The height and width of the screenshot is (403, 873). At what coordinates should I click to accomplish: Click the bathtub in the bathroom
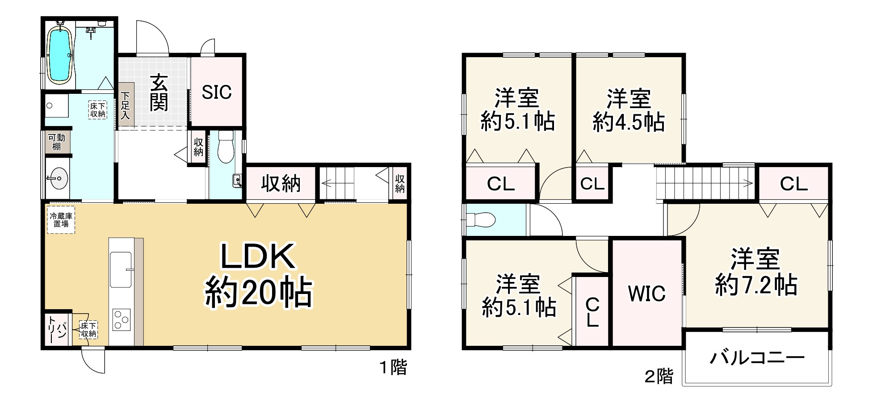coord(59,55)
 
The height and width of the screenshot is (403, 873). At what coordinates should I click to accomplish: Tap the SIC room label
coord(217,92)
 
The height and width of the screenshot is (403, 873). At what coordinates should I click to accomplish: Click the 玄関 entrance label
coord(159,93)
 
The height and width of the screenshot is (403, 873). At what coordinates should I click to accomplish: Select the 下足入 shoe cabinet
coord(126,106)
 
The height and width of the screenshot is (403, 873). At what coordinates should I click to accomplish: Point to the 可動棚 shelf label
coord(57,142)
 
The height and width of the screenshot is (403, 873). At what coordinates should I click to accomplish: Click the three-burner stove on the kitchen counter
coord(121,319)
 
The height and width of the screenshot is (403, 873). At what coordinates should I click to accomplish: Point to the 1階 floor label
coord(393,368)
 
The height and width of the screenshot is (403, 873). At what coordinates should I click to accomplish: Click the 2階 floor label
coord(659,377)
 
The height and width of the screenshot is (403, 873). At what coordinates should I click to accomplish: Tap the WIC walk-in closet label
coord(646,294)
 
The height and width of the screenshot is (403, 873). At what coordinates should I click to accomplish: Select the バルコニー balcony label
coord(757,358)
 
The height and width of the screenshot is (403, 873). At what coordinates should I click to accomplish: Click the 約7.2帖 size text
coord(756,285)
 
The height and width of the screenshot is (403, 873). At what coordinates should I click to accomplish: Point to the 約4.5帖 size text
coord(629,122)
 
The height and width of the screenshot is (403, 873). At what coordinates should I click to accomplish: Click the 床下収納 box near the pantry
coord(88,330)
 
